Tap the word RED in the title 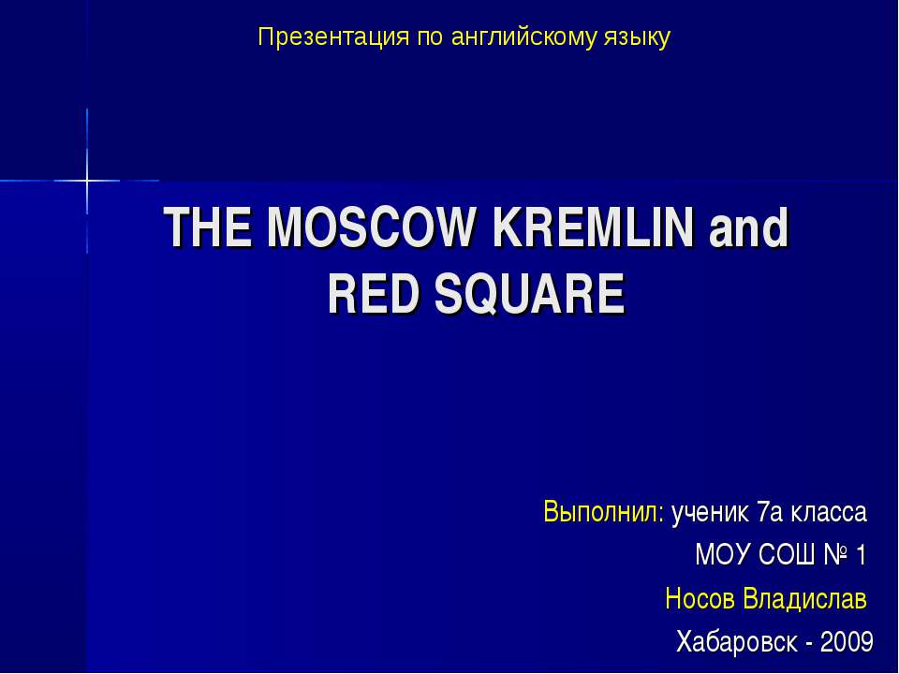tap(366, 295)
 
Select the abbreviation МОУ tap(719, 555)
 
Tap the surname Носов tap(700, 597)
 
